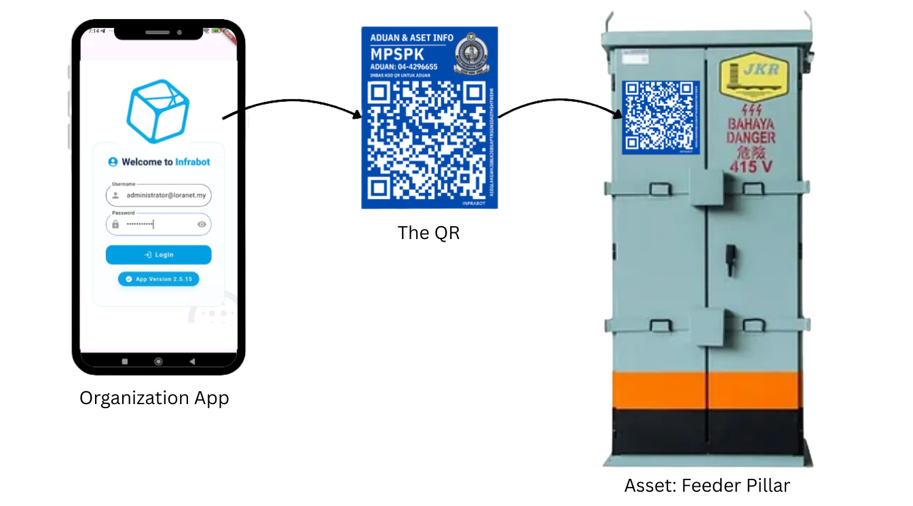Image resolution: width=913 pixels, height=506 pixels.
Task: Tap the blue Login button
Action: (158, 255)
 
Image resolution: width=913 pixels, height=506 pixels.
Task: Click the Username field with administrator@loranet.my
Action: (158, 196)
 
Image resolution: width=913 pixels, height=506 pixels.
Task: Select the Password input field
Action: (153, 224)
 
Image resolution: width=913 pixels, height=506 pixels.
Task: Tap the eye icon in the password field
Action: (202, 224)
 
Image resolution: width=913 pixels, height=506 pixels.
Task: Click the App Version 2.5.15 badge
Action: (158, 279)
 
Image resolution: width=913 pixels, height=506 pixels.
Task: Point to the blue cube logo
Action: (157, 111)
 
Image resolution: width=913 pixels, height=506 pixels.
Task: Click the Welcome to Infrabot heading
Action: (159, 162)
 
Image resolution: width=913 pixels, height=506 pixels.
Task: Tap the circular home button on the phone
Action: (158, 361)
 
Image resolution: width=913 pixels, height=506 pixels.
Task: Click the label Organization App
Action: (154, 398)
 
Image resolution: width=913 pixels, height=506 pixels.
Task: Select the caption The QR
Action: (428, 233)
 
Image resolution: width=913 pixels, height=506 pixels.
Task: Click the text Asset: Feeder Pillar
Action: (707, 486)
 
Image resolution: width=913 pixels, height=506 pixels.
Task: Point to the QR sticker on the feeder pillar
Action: (660, 117)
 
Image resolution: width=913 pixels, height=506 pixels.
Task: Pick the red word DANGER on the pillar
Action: (751, 138)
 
